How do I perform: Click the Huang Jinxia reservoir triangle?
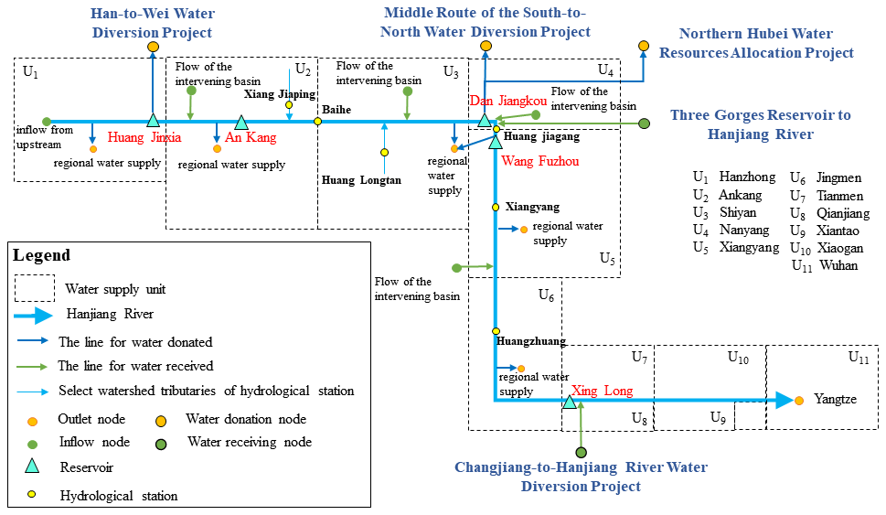(x=153, y=121)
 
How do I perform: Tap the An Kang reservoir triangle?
(x=241, y=122)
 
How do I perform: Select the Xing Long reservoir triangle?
(x=570, y=401)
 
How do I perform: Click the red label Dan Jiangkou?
(x=507, y=100)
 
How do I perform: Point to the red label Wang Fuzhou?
(x=541, y=160)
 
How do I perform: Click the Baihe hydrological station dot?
(x=317, y=121)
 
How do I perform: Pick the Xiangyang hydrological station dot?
(x=496, y=208)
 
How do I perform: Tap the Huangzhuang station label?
(x=531, y=341)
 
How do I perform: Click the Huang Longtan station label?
(x=361, y=180)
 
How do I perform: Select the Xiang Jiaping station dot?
(x=289, y=105)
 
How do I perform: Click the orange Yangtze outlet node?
(x=799, y=401)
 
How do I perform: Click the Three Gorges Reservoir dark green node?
(x=645, y=123)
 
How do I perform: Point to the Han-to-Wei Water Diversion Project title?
(x=152, y=23)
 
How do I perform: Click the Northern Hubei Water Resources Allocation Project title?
(x=767, y=43)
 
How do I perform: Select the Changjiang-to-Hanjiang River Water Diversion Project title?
(x=581, y=477)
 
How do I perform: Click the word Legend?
(x=41, y=255)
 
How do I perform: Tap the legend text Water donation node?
(x=245, y=420)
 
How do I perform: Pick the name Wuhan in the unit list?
(x=838, y=265)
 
